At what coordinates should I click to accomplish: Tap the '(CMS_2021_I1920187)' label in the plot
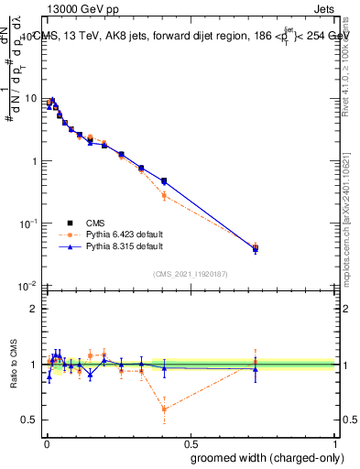(x=190, y=273)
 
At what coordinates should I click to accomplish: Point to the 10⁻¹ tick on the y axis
(x=29, y=223)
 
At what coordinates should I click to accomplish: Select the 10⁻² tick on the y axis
(x=29, y=285)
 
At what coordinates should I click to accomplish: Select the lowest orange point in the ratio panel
(x=164, y=409)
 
